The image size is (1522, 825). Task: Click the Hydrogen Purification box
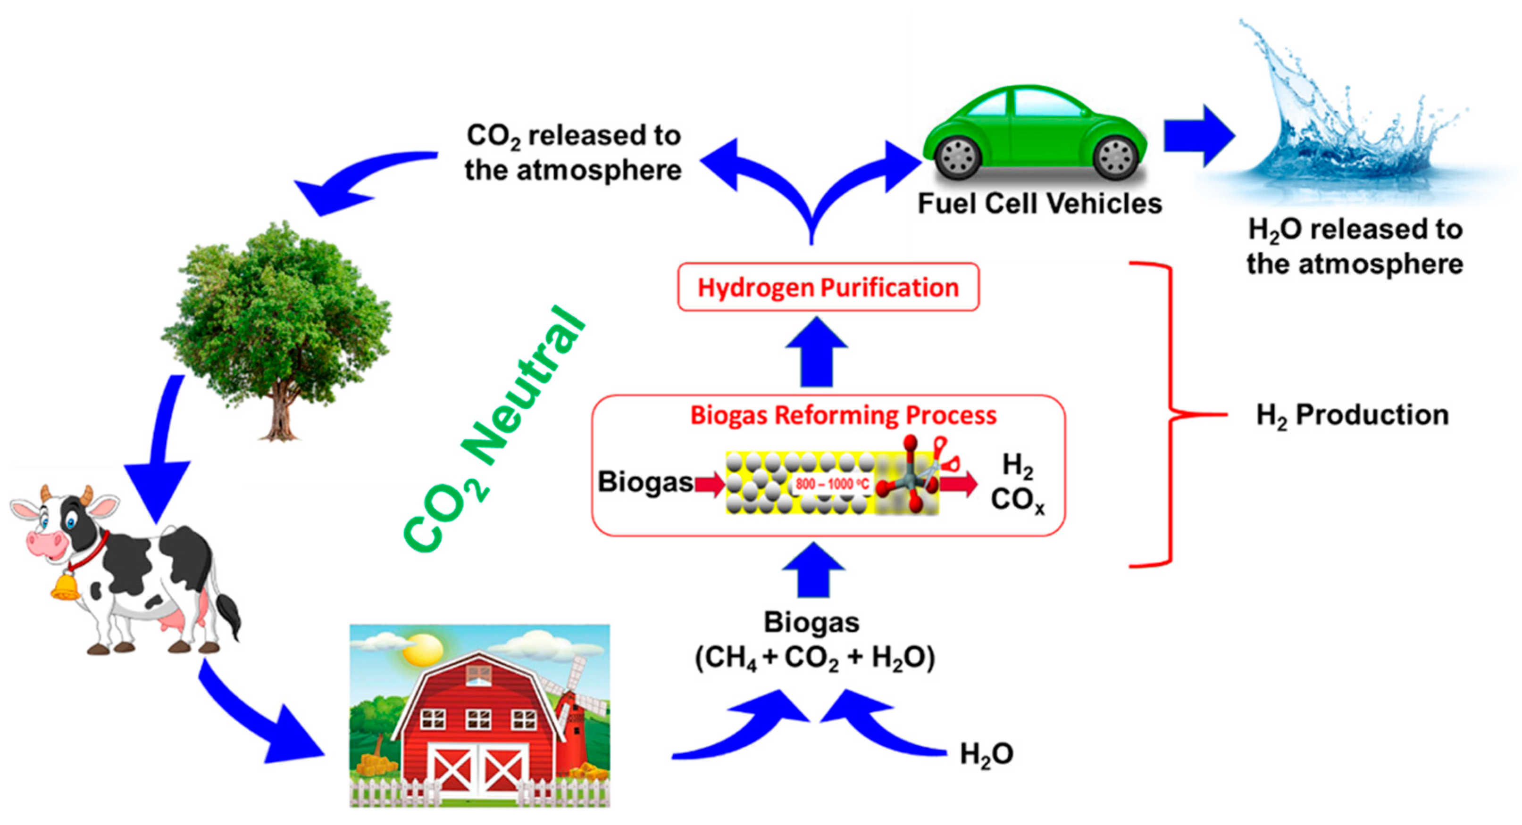pos(828,287)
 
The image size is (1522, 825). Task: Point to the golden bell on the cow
pos(65,587)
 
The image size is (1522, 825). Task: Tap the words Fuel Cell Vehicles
pos(1039,204)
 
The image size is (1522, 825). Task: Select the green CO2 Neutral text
pos(493,431)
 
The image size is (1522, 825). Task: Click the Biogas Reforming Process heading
pos(843,415)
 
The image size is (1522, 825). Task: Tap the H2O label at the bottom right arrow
pos(986,755)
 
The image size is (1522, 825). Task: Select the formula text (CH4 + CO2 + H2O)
pos(815,657)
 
